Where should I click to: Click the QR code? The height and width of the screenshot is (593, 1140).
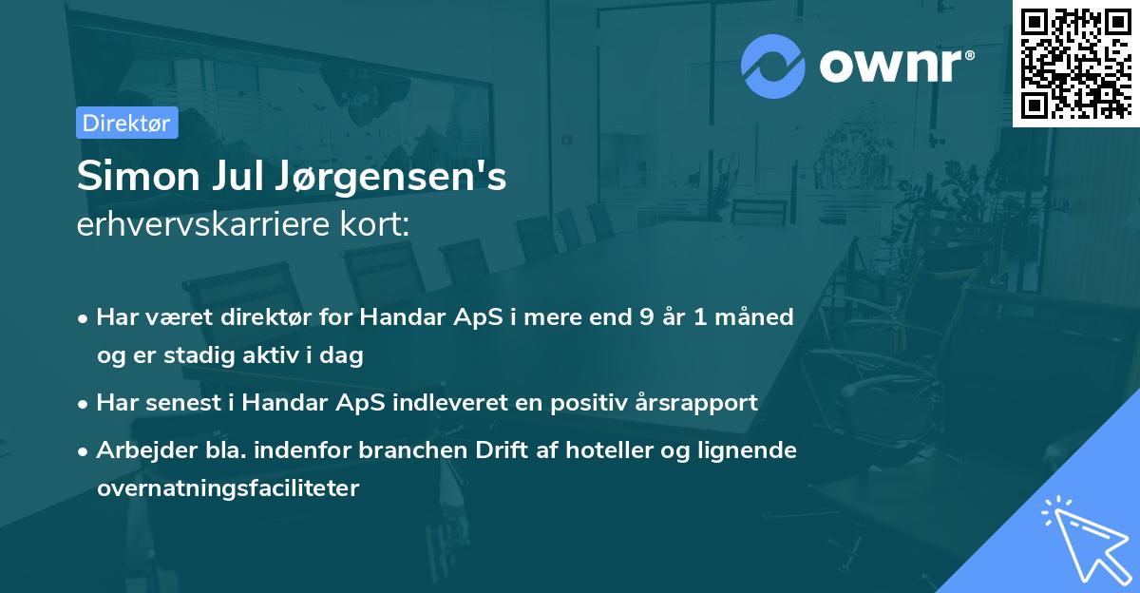point(1075,62)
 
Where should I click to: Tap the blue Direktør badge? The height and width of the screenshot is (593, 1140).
point(126,123)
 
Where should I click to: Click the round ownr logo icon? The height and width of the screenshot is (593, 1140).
point(773,66)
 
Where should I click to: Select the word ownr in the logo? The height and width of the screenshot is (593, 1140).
point(894,66)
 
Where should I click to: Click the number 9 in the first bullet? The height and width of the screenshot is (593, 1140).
point(647,316)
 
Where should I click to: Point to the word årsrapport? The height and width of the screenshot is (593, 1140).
point(706,402)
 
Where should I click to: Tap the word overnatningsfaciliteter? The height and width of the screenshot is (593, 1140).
point(228,488)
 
